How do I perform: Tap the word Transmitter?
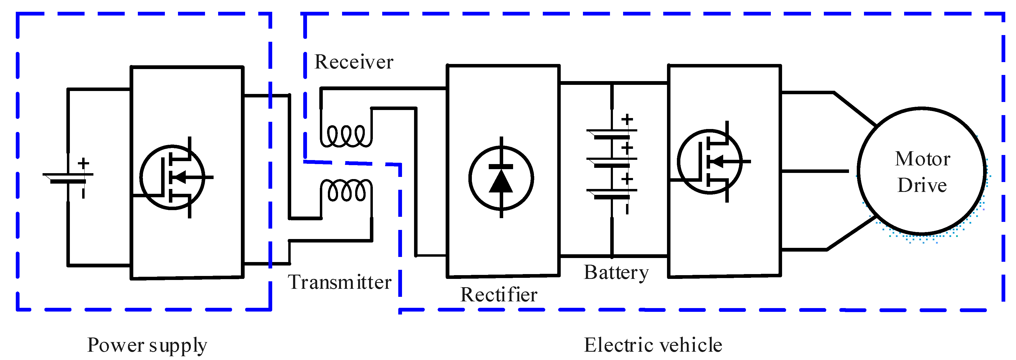(x=340, y=282)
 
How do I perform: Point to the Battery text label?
(x=616, y=273)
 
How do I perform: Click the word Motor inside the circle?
(x=923, y=159)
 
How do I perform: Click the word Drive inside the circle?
(x=922, y=185)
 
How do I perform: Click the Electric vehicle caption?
(x=653, y=345)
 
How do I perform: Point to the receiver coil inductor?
(x=346, y=136)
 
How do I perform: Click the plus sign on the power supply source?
(x=83, y=163)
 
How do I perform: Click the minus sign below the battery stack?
(x=627, y=208)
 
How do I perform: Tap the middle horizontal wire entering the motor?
(x=814, y=171)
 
